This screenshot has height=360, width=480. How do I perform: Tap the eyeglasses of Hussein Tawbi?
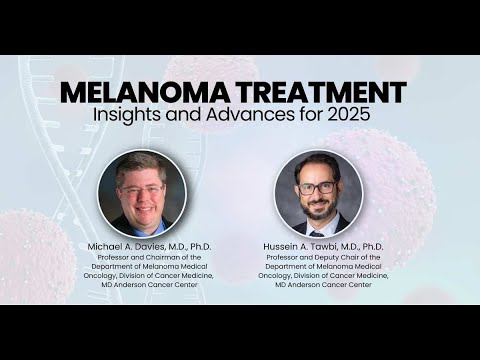point(317,188)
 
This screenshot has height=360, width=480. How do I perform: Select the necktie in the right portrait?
point(317,231)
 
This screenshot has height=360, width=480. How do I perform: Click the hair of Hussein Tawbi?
point(318,166)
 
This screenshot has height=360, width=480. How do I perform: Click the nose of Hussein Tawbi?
point(317,196)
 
